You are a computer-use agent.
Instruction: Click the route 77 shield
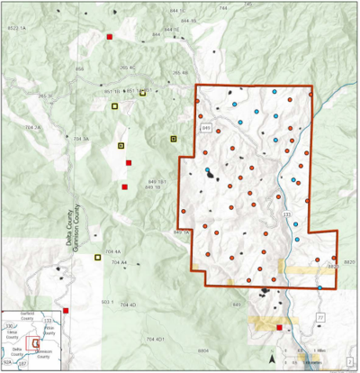[x=319, y=318]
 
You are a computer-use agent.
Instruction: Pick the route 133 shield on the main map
[x=287, y=214]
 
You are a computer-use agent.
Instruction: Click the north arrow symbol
[x=272, y=358]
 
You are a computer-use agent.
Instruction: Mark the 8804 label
[x=204, y=349]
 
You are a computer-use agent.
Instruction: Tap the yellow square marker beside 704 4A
[x=97, y=257]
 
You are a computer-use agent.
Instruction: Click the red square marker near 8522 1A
[x=110, y=37]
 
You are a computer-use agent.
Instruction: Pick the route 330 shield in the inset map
[x=9, y=326]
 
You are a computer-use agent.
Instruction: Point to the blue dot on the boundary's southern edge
[x=320, y=288]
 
